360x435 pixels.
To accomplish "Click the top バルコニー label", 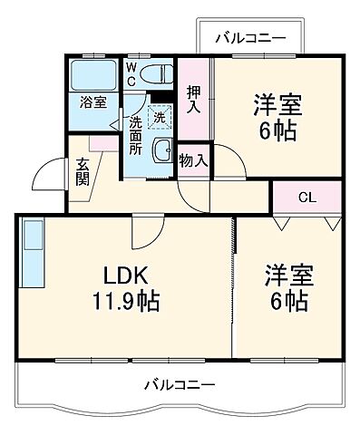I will [x=250, y=38].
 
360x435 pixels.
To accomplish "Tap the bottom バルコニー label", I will [x=180, y=385].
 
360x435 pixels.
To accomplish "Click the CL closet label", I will [x=307, y=196].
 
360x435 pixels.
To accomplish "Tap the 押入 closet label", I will [x=193, y=98].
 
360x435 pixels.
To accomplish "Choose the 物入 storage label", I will [x=193, y=161].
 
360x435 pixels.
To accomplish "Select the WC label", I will [x=132, y=75].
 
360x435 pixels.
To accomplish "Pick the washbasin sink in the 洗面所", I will [x=162, y=151].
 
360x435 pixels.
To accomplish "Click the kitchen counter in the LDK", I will [x=32, y=254].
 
